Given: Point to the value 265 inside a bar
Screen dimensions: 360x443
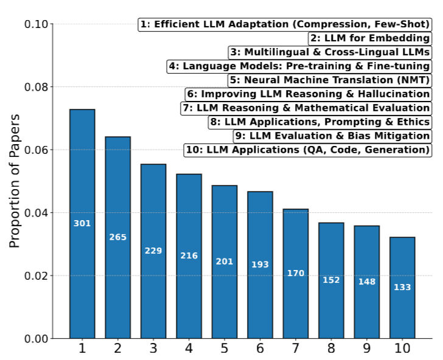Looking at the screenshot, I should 117,237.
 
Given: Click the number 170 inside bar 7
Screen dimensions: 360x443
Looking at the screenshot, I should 296,273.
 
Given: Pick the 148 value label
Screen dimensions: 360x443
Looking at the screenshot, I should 367,282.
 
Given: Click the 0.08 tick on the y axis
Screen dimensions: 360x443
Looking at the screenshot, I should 37,87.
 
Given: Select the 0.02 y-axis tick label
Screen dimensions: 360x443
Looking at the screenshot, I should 37,275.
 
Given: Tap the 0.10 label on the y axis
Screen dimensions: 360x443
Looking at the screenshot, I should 37,24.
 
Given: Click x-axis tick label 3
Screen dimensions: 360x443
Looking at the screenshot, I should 153,349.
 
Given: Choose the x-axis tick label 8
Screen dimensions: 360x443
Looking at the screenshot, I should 331,349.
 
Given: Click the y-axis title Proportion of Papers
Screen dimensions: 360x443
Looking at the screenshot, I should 15,180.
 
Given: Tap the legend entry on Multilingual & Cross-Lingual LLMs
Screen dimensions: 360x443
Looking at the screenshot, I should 330,52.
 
